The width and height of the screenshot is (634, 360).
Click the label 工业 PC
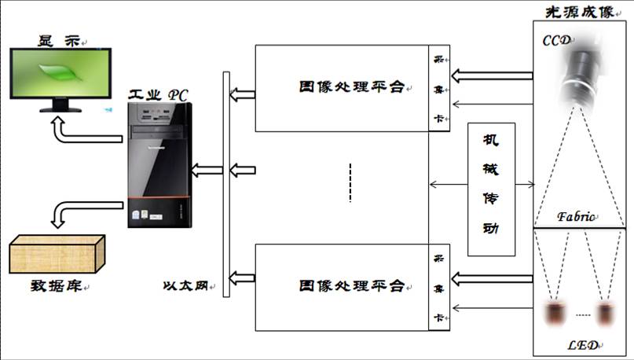pyautogui.click(x=158, y=94)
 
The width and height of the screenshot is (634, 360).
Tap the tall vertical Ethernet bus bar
pyautogui.click(x=226, y=185)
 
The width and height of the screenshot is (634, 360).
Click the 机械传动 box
pyautogui.click(x=493, y=189)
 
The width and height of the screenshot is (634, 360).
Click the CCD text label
pyautogui.click(x=555, y=40)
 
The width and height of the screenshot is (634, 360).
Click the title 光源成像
pyautogui.click(x=580, y=11)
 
